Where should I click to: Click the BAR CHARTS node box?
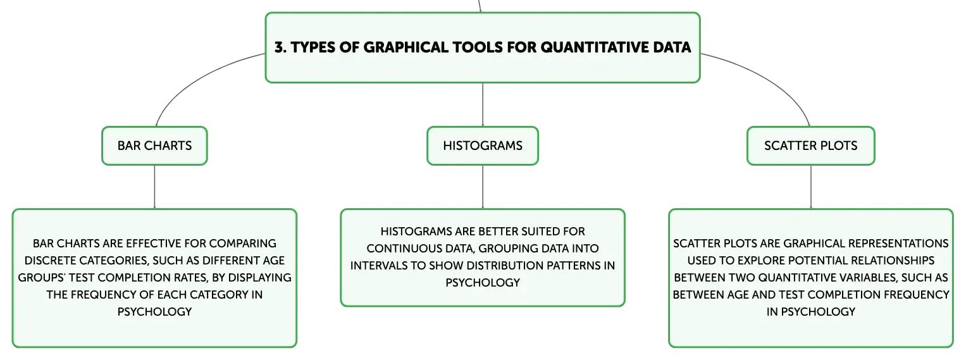pos(154,146)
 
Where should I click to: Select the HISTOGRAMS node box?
pos(483,146)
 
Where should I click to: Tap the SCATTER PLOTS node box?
pos(811,146)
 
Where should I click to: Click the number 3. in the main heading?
pos(280,47)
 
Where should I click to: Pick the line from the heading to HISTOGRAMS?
pos(483,105)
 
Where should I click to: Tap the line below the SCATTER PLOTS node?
pos(811,187)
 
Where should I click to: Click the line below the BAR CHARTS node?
pos(154,187)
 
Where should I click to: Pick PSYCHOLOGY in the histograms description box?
pos(483,283)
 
